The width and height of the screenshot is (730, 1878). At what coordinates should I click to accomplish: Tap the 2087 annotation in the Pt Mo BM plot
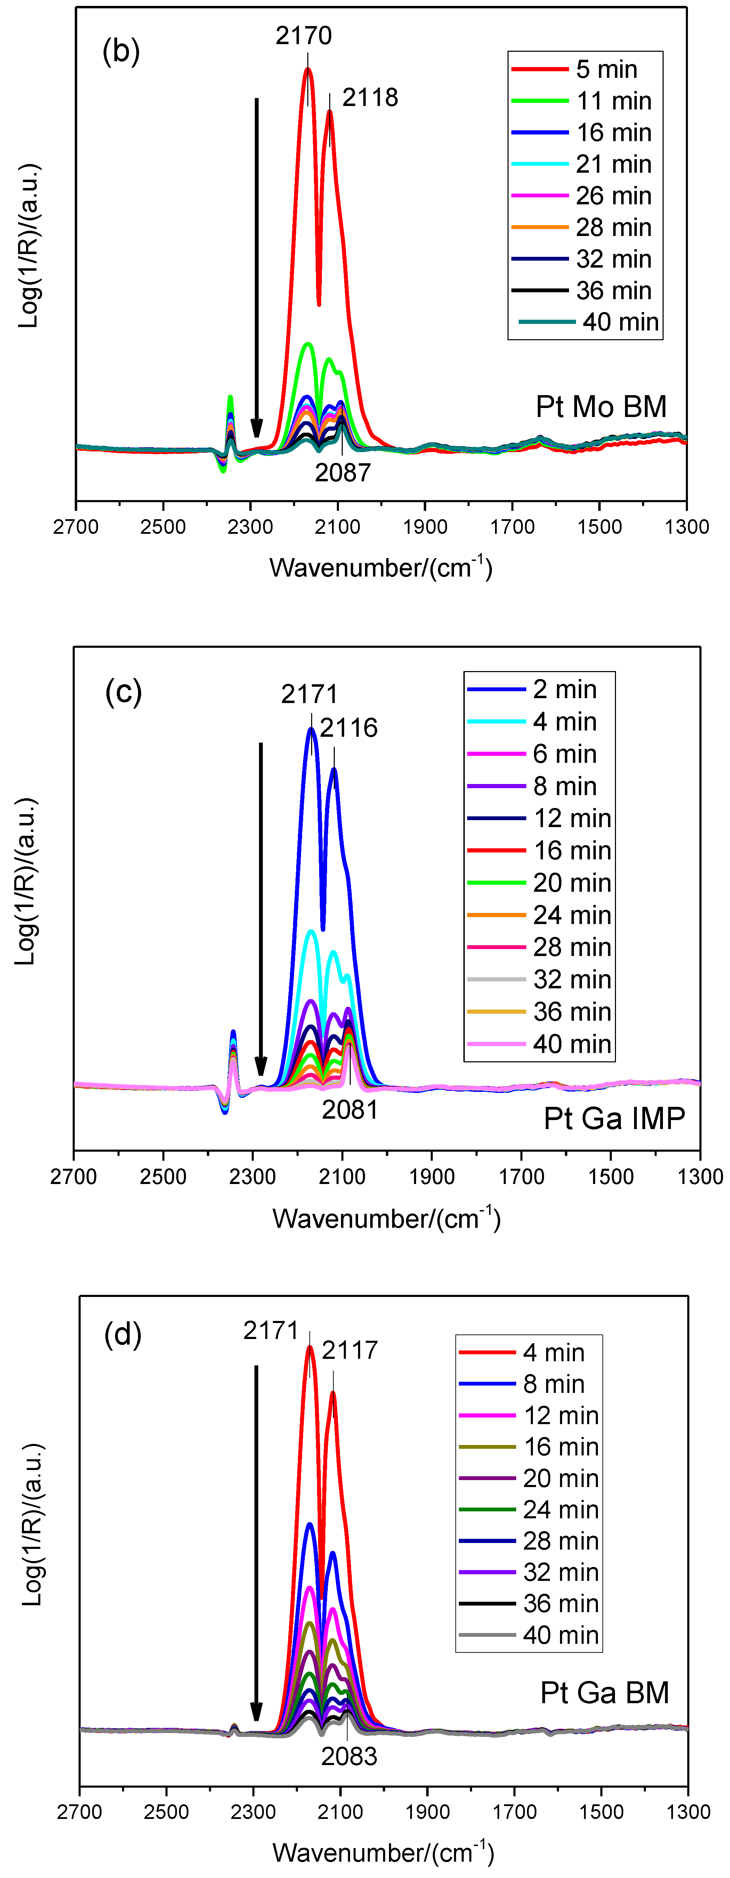343,472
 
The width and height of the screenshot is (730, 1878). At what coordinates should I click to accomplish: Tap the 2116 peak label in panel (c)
349,728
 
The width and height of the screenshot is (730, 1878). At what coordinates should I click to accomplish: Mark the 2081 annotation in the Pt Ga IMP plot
350,1110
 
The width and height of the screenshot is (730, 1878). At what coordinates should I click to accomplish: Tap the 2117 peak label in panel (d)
350,1350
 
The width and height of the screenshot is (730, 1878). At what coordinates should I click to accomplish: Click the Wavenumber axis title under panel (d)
383,1852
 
